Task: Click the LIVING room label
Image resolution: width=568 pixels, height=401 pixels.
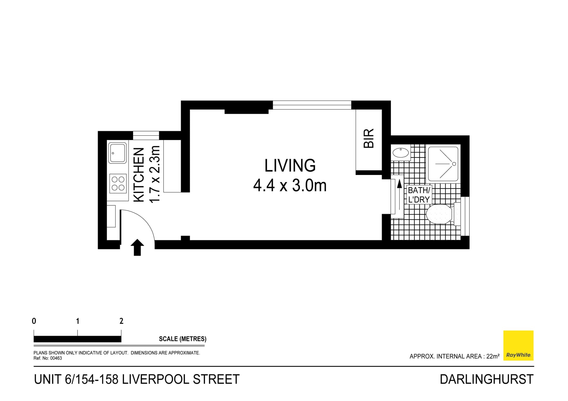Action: click(x=290, y=166)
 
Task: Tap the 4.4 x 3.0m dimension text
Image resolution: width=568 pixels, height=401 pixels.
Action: click(x=290, y=186)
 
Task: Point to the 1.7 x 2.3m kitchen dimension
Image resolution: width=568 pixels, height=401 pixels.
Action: click(x=155, y=174)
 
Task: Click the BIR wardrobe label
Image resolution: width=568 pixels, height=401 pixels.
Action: click(x=369, y=138)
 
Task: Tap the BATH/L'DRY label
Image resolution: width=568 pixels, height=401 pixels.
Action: click(x=419, y=195)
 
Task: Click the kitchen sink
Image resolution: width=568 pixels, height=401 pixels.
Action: click(x=117, y=153)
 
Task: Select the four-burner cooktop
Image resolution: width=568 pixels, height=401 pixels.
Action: click(x=118, y=183)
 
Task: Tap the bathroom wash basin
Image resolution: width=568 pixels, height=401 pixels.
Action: click(x=401, y=153)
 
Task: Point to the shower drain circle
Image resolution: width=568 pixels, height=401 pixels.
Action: click(x=454, y=164)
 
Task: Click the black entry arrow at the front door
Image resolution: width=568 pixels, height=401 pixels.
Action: click(x=137, y=247)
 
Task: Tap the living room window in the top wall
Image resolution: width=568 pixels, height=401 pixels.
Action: click(x=312, y=105)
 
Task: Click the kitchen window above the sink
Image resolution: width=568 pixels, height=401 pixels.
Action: click(x=146, y=135)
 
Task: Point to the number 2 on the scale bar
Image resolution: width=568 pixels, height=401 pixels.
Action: click(x=121, y=321)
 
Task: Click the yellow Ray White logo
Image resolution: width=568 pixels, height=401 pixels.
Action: click(x=518, y=345)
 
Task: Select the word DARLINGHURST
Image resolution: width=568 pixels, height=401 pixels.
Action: click(x=486, y=379)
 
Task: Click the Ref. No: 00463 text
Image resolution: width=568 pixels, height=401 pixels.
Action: click(x=48, y=358)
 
